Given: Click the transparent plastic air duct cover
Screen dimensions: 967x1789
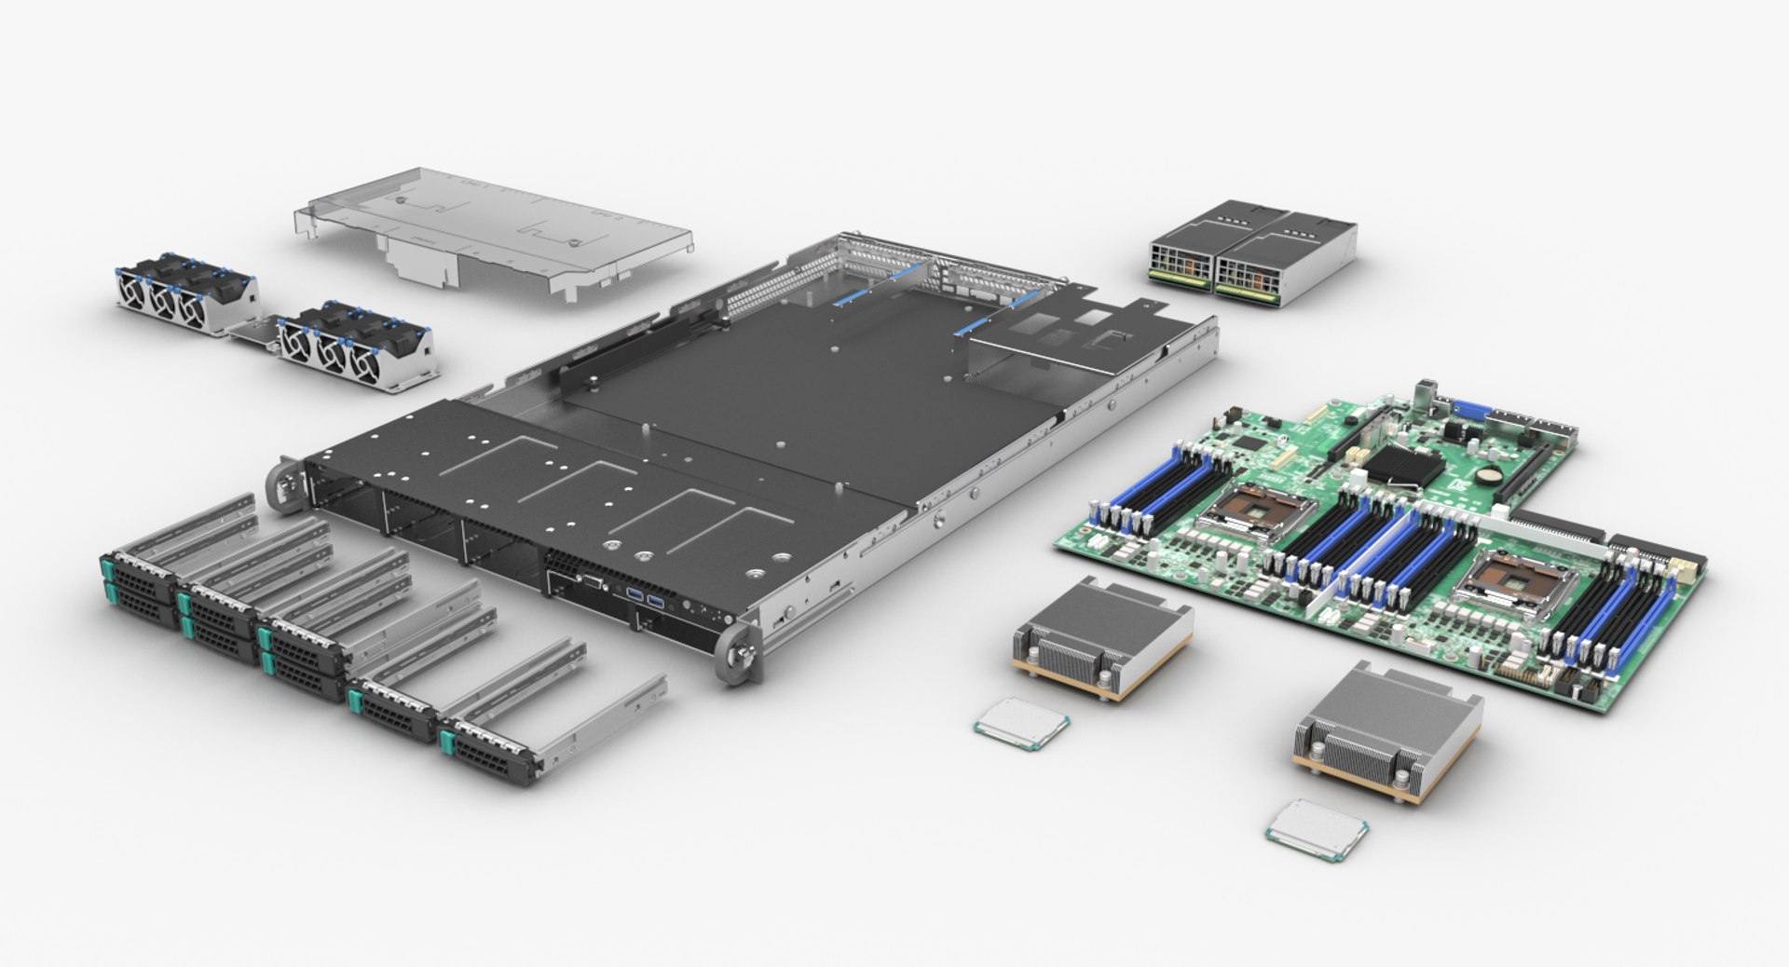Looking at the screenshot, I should point(494,228).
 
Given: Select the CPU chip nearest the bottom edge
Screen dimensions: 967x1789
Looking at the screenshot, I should point(1317,827).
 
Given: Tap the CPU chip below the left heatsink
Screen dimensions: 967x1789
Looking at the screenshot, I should point(1021,720).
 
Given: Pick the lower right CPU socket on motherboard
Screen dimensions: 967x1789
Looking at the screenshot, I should point(1513,583).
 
